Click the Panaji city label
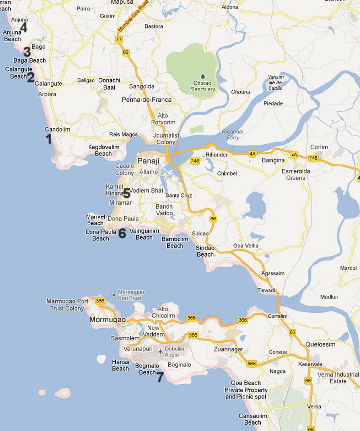148,161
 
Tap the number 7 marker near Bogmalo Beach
160,377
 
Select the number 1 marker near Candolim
49,139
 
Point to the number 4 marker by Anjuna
23,28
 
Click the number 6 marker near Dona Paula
127,193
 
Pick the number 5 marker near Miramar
122,233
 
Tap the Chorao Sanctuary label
203,86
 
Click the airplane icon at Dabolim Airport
160,352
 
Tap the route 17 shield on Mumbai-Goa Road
119,39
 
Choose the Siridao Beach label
205,251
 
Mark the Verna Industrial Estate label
340,378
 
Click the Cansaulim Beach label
253,419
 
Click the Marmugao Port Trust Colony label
67,305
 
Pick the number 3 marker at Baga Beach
27,52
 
